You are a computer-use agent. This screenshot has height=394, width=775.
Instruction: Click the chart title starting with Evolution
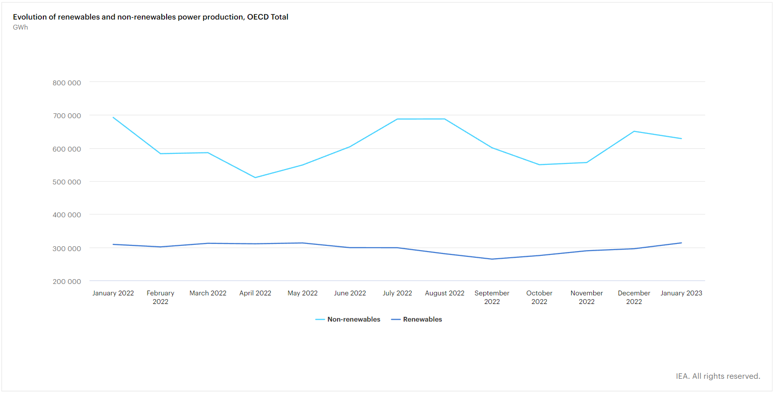click(x=150, y=17)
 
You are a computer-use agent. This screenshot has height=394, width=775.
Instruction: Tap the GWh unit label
click(x=20, y=27)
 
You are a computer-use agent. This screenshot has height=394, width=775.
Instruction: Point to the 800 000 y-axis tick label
click(x=67, y=83)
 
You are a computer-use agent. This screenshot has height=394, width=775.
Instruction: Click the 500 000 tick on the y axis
click(x=67, y=182)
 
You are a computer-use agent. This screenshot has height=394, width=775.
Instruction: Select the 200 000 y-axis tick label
click(x=67, y=282)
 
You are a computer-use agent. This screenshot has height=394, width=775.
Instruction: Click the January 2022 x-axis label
click(x=113, y=293)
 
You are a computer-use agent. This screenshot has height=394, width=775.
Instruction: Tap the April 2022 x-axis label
click(x=255, y=293)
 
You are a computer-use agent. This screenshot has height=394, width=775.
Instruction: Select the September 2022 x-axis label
click(x=492, y=297)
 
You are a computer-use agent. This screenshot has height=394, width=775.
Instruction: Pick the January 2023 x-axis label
click(x=681, y=293)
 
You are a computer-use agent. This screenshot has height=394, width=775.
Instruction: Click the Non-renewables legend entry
click(x=353, y=319)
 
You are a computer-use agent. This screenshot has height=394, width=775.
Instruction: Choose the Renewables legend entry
click(x=422, y=319)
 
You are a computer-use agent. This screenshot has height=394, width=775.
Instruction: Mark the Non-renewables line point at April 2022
click(x=255, y=178)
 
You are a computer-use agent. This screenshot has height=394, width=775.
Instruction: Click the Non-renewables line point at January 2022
click(x=113, y=117)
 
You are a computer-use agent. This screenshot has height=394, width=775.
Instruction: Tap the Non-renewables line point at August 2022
click(x=445, y=119)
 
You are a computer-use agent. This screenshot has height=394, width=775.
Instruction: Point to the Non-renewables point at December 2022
click(x=634, y=131)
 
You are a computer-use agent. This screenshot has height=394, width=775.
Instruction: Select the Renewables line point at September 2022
click(x=492, y=259)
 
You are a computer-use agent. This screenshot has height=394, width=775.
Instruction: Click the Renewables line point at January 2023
click(x=681, y=243)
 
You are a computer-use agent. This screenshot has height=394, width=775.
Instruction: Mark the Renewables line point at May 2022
click(x=303, y=243)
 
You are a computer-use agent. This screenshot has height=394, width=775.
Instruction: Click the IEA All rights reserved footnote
click(x=718, y=376)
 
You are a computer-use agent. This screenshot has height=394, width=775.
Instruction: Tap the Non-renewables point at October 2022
click(x=539, y=165)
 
